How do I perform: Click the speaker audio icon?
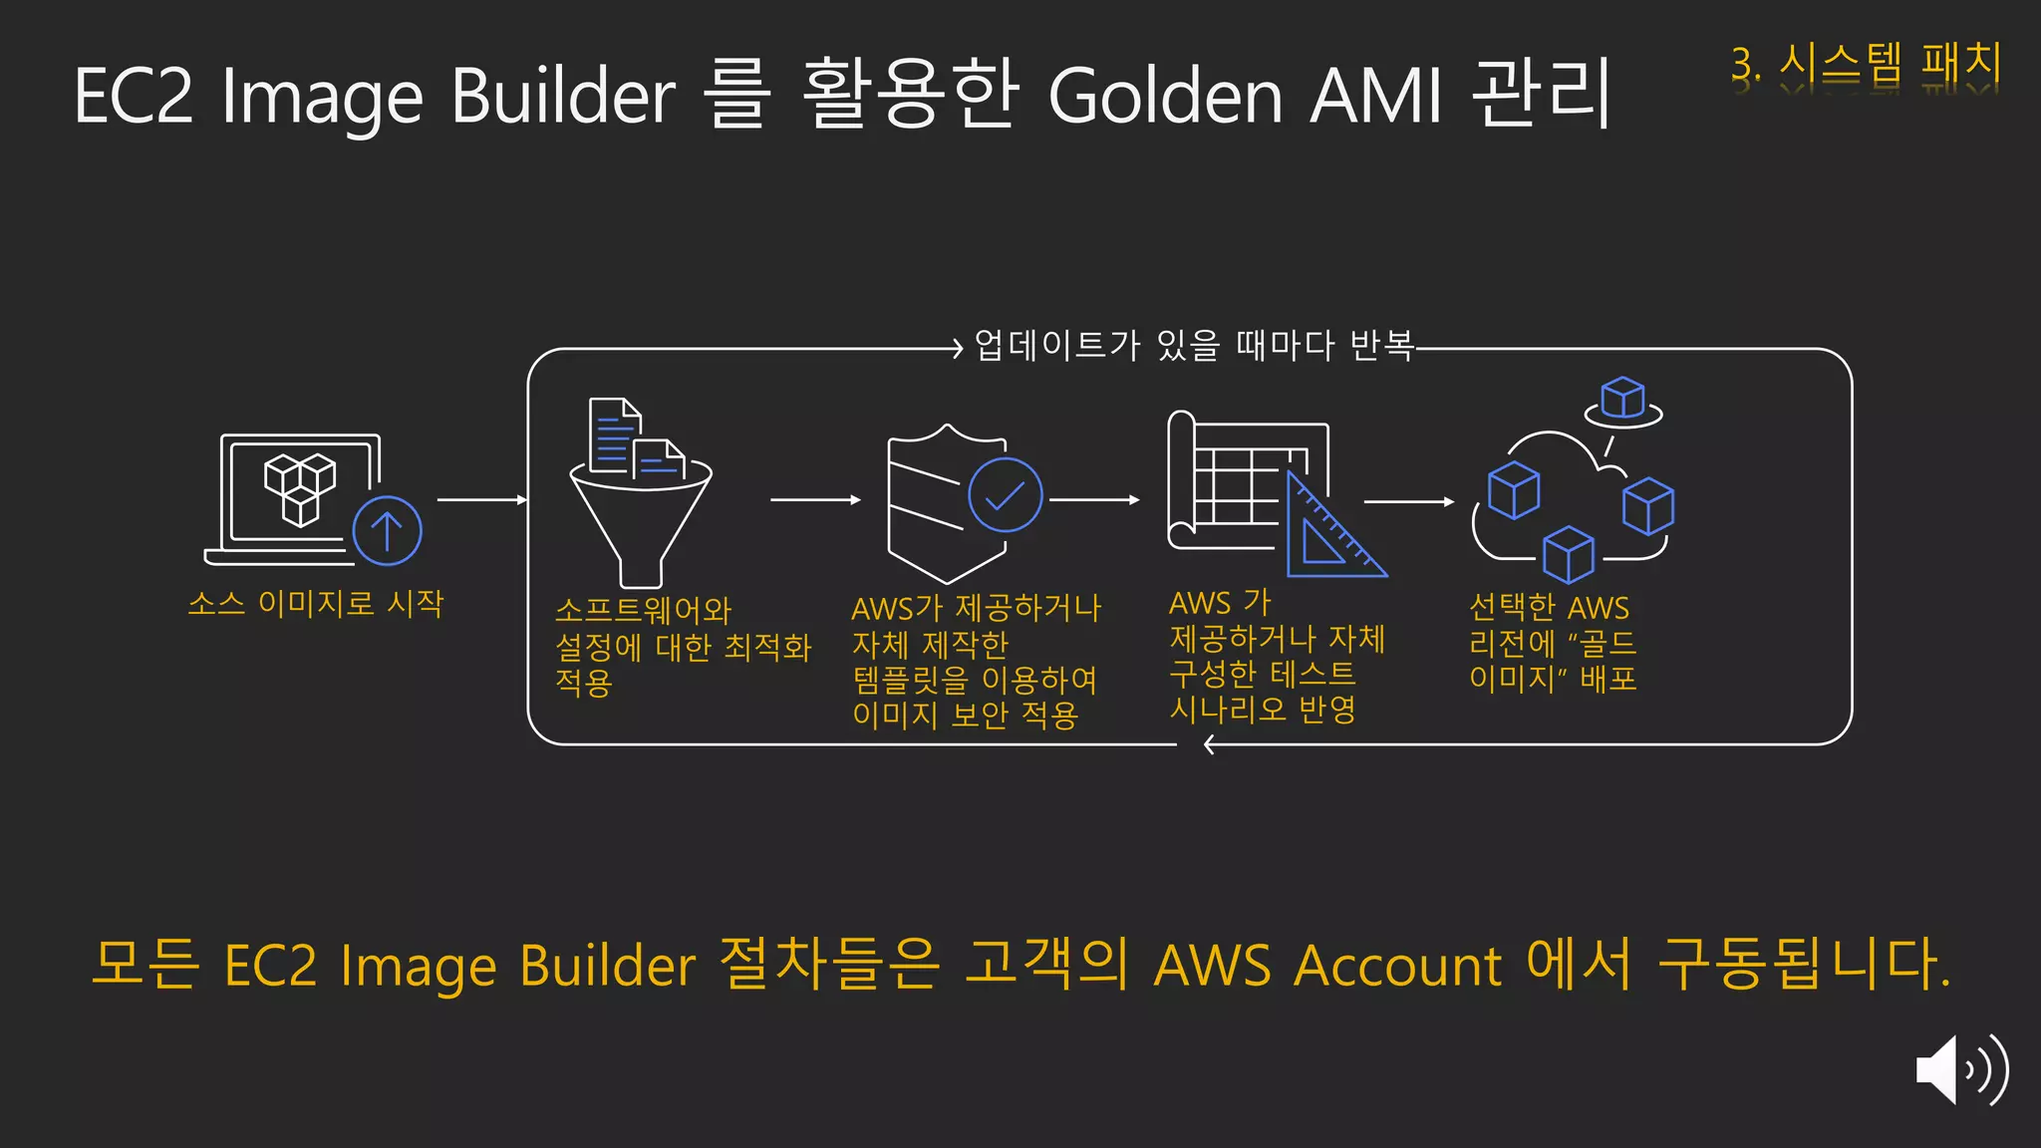(x=1960, y=1069)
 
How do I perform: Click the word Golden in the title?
(x=1165, y=97)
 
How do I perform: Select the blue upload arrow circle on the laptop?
(x=387, y=530)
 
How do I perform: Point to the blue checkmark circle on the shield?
(x=1005, y=494)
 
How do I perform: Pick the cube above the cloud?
(x=1622, y=398)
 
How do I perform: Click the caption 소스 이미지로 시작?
(x=315, y=603)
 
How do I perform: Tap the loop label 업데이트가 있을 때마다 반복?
(x=1194, y=345)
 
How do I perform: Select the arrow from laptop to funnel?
(x=481, y=499)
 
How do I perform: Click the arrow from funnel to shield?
(x=814, y=499)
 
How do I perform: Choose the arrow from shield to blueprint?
(x=1093, y=499)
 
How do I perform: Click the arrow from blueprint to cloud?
(x=1408, y=501)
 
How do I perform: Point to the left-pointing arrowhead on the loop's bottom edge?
(x=1209, y=744)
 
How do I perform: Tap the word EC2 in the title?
(x=133, y=97)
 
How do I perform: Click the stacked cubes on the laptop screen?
(x=299, y=488)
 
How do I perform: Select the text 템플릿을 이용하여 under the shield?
(x=975, y=680)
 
